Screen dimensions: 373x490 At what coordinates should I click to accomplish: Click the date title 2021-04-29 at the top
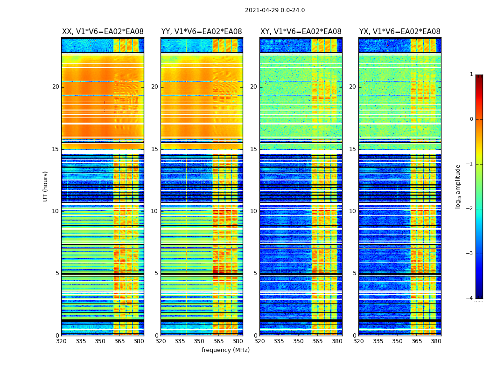pyautogui.click(x=274, y=10)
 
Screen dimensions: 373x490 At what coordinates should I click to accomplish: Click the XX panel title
pyautogui.click(x=103, y=32)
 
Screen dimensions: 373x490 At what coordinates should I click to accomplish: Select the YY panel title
pyautogui.click(x=202, y=32)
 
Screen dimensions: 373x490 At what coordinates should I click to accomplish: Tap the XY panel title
pyautogui.click(x=301, y=32)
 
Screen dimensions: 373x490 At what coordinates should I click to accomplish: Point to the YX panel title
pyautogui.click(x=399, y=32)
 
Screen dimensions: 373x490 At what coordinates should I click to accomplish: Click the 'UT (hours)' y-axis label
pyautogui.click(x=46, y=186)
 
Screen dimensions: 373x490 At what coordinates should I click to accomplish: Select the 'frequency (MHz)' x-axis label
pyautogui.click(x=225, y=350)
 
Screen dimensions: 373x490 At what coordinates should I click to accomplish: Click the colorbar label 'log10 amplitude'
pyautogui.click(x=458, y=186)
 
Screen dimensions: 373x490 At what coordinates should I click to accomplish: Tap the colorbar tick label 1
pyautogui.click(x=471, y=75)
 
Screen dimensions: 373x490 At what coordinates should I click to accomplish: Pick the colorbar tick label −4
pyautogui.click(x=470, y=298)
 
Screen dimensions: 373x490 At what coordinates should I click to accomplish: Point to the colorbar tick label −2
pyautogui.click(x=470, y=209)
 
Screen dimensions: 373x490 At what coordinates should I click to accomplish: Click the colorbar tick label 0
pyautogui.click(x=471, y=119)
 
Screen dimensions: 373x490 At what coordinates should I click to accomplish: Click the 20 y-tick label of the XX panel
pyautogui.click(x=56, y=87)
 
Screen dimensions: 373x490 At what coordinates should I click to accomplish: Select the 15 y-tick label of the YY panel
pyautogui.click(x=154, y=149)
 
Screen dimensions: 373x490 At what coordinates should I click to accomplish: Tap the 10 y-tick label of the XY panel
pyautogui.click(x=253, y=211)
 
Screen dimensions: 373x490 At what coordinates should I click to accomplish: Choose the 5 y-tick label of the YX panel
pyautogui.click(x=354, y=273)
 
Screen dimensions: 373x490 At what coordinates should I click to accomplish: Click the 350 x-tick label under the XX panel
pyautogui.click(x=100, y=341)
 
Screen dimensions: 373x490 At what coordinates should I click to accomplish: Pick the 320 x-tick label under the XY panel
pyautogui.click(x=259, y=341)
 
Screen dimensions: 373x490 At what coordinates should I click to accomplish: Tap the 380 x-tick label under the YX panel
pyautogui.click(x=436, y=341)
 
